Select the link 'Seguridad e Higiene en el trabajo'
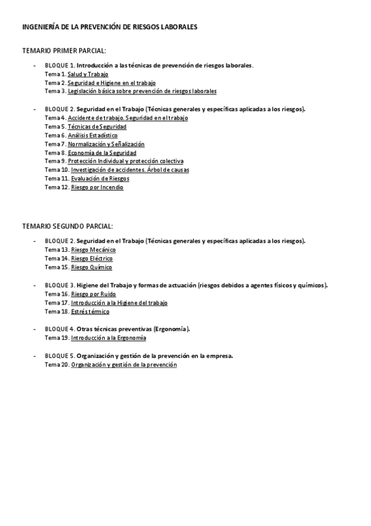[x=111, y=82]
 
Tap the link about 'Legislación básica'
[x=142, y=91]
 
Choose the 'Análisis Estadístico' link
[x=92, y=135]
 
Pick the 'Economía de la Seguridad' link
[x=102, y=153]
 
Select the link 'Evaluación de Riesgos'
[x=100, y=179]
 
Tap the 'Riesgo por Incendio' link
[x=97, y=187]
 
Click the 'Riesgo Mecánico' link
[x=93, y=250]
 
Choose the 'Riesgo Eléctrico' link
[x=92, y=259]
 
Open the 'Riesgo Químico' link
[x=92, y=267]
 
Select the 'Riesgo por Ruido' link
[x=93, y=294]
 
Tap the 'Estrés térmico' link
[x=90, y=311]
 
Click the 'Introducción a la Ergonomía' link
[x=108, y=338]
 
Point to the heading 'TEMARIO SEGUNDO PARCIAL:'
[x=68, y=226]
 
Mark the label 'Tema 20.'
[x=56, y=365]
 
